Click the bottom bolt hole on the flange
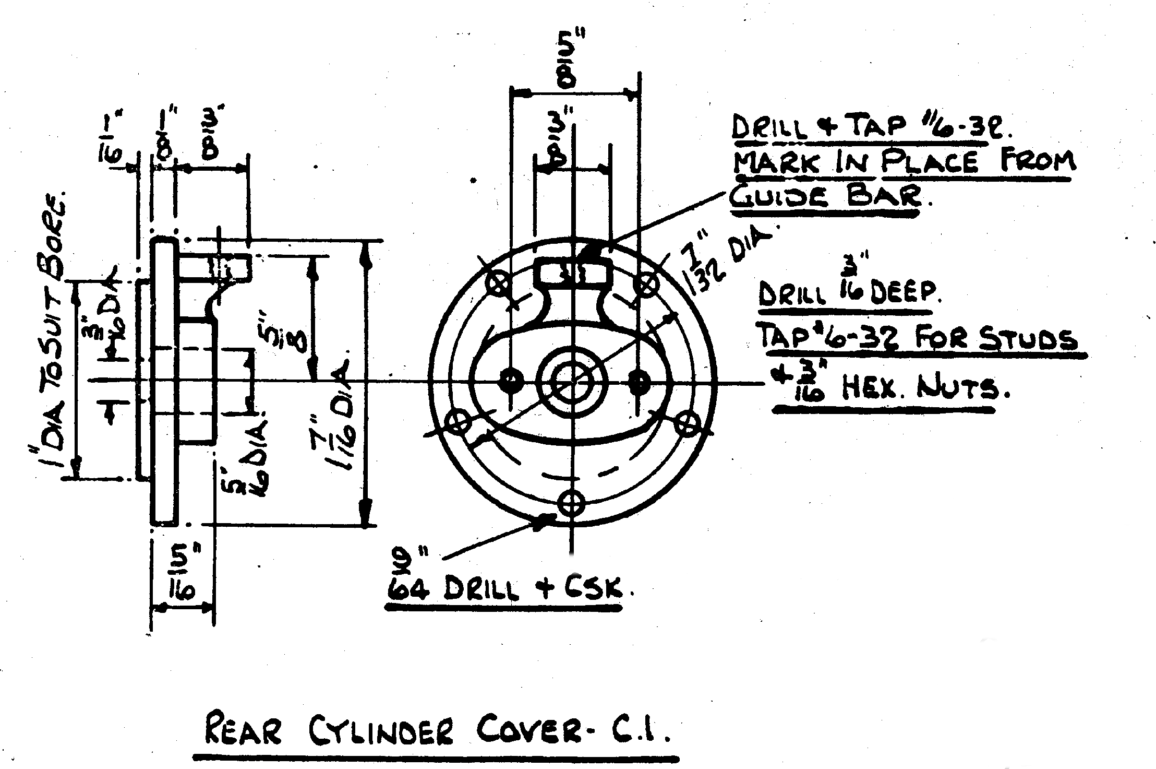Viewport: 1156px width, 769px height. point(571,503)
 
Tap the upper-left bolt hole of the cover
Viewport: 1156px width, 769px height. point(497,285)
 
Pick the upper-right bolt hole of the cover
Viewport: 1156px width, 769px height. point(646,285)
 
